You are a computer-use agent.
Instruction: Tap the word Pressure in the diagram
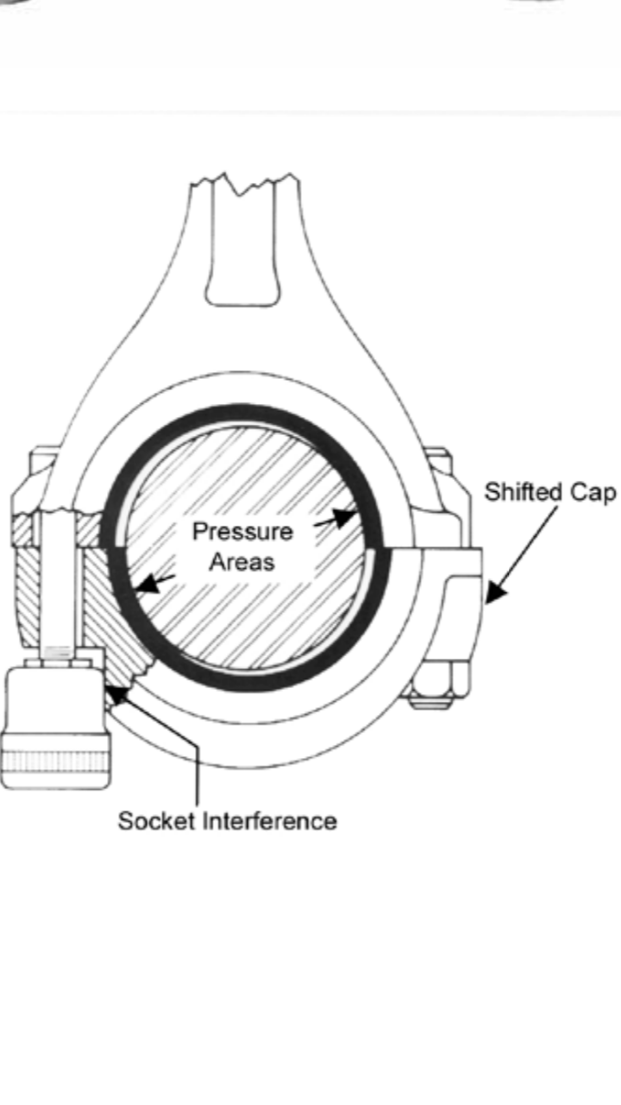click(x=241, y=531)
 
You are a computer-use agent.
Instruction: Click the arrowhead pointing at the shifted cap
click(x=494, y=594)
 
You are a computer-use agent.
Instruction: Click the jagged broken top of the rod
click(x=246, y=184)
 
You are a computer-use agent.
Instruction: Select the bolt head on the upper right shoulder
click(x=438, y=466)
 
